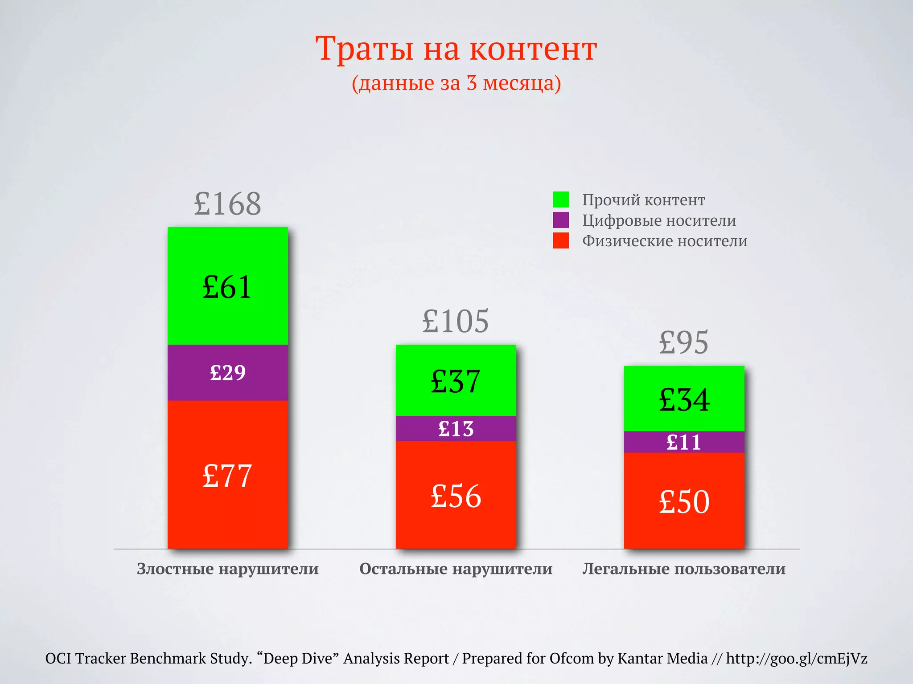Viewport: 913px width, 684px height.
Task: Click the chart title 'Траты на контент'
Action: coord(456,49)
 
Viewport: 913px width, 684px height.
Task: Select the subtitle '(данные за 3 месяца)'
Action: coord(456,83)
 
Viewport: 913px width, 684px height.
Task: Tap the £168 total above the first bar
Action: coord(227,204)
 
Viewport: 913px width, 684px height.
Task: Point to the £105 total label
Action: coord(456,321)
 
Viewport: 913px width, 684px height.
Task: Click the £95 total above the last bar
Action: coord(684,342)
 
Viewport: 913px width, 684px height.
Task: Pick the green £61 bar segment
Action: coord(227,286)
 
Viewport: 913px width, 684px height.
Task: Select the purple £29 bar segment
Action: coord(227,373)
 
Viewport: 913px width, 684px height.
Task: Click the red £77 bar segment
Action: coord(227,475)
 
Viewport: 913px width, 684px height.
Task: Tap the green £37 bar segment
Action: coord(456,381)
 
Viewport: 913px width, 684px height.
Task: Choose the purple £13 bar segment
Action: coord(456,429)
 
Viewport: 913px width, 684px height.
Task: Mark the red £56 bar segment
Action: coord(456,495)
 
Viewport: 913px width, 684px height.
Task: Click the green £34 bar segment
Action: coord(684,399)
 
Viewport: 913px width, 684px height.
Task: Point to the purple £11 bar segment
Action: coord(684,442)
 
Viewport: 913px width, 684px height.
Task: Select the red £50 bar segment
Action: coord(684,501)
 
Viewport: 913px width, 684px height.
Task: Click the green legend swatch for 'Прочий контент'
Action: coord(561,199)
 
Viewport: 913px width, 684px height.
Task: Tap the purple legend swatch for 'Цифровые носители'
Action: coord(561,220)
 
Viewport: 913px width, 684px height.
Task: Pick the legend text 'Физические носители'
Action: coord(665,241)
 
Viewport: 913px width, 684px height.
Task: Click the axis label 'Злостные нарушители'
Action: coord(227,569)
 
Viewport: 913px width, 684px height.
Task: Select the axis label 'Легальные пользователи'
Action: coord(684,569)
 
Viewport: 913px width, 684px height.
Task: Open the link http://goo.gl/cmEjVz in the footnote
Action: coord(796,658)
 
